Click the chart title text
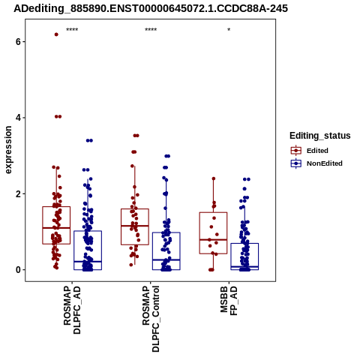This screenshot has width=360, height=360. pos(151,8)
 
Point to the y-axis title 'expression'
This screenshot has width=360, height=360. pos(8,150)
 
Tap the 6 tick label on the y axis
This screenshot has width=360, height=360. pos(18,42)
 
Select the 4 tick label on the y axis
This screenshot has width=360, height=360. pos(18,118)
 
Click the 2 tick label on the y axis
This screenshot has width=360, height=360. pos(18,194)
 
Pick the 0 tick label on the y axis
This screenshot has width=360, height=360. pos(18,270)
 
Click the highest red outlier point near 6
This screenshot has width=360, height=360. pos(56,34)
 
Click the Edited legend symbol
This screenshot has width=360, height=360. pos(296,151)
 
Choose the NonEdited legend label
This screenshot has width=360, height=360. pos(325,163)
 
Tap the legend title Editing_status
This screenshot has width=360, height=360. pos(320,136)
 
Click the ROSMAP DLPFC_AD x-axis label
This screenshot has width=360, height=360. pos(72,310)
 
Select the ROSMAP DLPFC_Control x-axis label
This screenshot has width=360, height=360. pos(151,319)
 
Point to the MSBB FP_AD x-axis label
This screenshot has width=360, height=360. pos(229,301)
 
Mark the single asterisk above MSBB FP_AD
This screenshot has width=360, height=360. pos(229,30)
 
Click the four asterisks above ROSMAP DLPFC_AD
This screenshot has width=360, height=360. pos(72,30)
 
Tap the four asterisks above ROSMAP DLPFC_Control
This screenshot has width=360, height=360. pos(151,30)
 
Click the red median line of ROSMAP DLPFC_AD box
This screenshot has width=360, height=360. pos(56,228)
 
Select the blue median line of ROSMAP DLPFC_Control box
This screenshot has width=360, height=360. pos(166,259)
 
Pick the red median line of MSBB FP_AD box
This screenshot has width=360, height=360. pos(213,239)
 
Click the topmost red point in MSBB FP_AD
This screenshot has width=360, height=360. pos(214,178)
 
